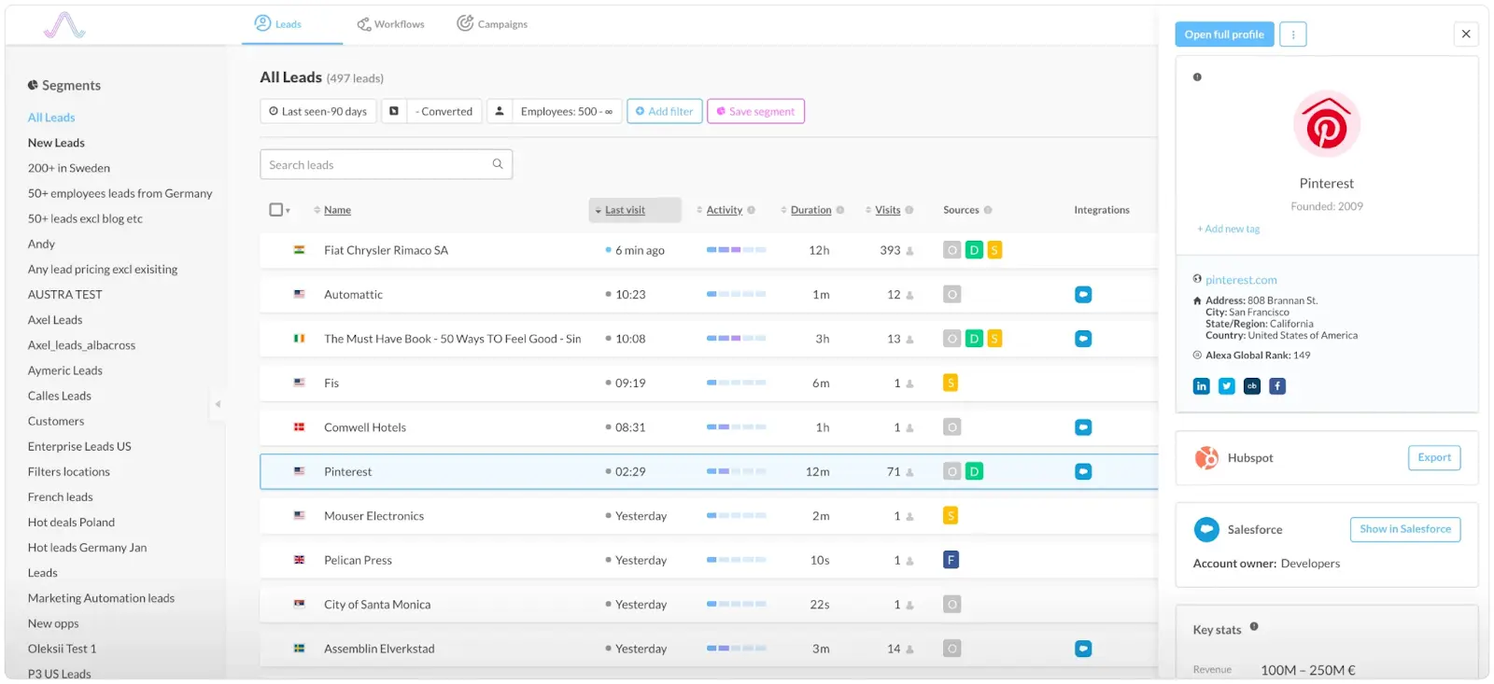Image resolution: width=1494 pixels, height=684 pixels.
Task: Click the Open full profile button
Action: (x=1223, y=35)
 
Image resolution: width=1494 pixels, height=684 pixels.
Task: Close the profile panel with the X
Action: (x=1465, y=35)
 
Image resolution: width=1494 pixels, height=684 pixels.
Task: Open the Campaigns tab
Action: (x=492, y=24)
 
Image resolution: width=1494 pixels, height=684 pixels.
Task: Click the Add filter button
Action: (x=664, y=111)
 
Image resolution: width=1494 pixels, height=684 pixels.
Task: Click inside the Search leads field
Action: (x=378, y=165)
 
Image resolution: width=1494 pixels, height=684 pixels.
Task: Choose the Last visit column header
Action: (x=625, y=210)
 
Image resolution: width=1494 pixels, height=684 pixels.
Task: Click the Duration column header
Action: (x=810, y=210)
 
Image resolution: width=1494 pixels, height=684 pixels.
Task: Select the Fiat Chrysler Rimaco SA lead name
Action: (x=386, y=250)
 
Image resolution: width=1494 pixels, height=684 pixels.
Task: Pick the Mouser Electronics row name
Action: (x=373, y=516)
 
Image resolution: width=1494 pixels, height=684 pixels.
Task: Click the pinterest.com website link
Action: (x=1241, y=280)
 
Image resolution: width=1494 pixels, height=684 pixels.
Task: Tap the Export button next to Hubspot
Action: (x=1433, y=458)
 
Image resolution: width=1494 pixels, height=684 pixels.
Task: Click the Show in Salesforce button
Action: (x=1404, y=529)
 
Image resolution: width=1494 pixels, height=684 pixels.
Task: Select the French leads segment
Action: (x=61, y=497)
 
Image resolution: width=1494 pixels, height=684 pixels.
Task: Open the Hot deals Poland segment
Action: (x=71, y=523)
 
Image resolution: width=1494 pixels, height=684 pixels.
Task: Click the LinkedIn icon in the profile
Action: (x=1201, y=386)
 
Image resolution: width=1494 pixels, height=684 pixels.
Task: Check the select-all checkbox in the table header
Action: (x=276, y=210)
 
